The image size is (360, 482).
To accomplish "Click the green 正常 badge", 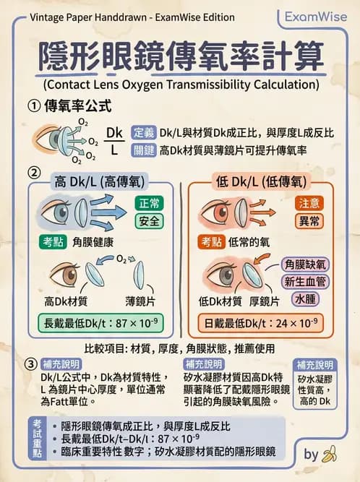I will pos(150,203).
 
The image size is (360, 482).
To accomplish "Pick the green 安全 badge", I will pos(150,220).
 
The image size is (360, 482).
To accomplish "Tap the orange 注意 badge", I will pos(309,203).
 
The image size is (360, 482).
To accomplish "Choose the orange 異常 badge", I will pos(309,220).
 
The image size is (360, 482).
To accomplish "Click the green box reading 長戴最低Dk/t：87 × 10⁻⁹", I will pos(100,322).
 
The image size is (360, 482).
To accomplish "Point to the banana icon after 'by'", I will pos(330,454).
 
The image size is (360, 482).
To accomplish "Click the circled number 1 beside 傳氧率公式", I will pos(33,106).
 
